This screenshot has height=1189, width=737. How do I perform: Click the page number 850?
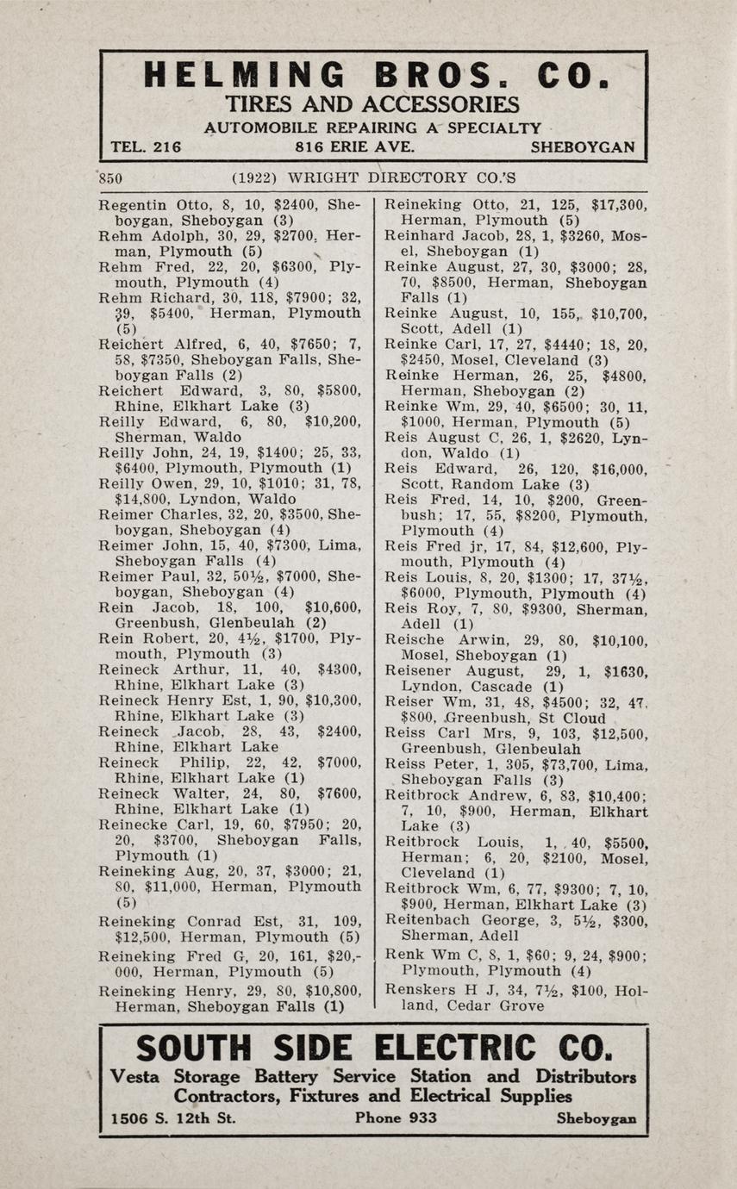click(x=111, y=179)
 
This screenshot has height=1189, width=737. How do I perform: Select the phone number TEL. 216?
click(x=147, y=147)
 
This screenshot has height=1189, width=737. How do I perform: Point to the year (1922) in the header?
click(x=255, y=179)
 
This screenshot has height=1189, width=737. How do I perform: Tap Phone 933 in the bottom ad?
click(x=396, y=1118)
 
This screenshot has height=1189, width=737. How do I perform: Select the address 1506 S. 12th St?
click(x=174, y=1118)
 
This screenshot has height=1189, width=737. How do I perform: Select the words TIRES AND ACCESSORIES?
click(x=372, y=105)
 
